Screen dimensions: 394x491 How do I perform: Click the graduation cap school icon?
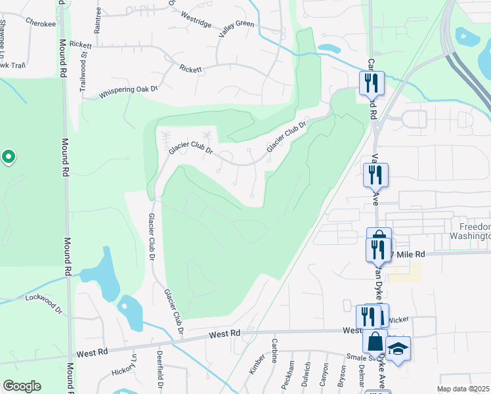click(398, 349)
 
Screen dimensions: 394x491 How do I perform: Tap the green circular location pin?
click(9, 157)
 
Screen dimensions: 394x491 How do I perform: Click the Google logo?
click(22, 386)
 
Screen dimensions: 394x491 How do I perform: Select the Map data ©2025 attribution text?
click(463, 389)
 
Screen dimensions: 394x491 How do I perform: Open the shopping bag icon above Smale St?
click(375, 342)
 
